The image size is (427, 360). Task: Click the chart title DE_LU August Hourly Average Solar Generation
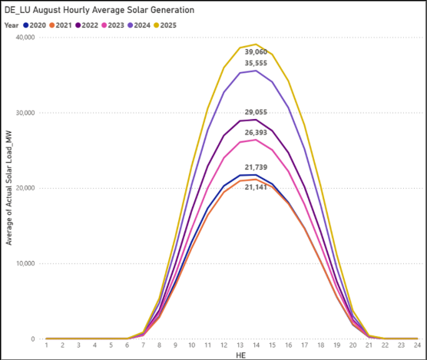pos(99,10)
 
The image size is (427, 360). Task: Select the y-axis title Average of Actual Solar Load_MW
pos(9,188)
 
